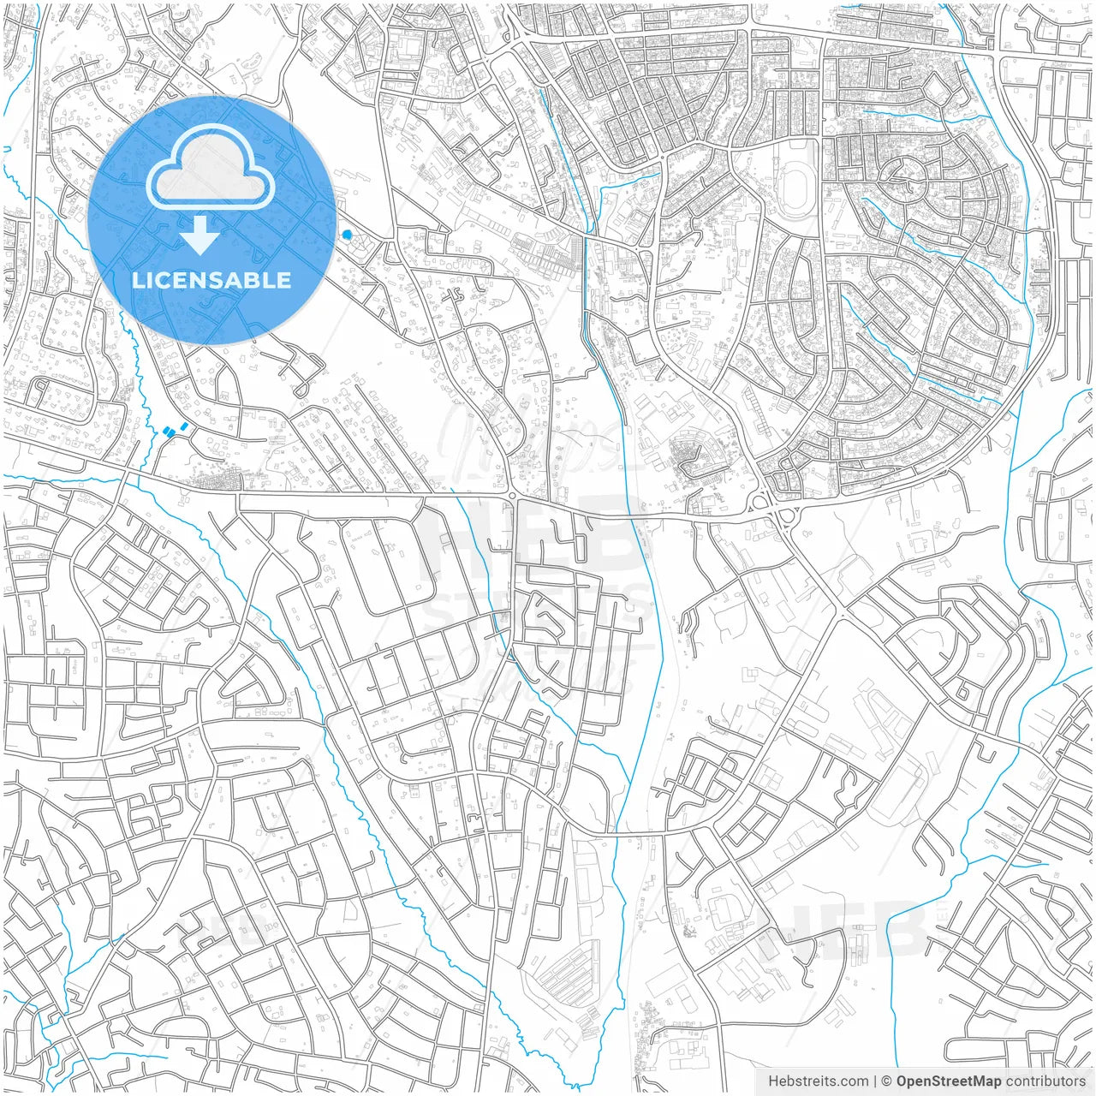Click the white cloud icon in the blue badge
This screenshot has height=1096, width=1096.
tap(211, 166)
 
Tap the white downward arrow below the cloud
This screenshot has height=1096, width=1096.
tap(200, 235)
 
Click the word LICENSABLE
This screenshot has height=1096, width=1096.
tap(211, 280)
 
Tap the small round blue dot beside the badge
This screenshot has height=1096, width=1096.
tap(347, 234)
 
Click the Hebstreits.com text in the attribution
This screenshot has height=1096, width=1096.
tap(818, 1081)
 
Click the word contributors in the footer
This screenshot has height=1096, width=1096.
tap(1045, 1081)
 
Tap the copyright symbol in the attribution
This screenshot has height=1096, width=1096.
tap(887, 1081)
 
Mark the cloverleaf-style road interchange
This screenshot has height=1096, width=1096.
tap(779, 510)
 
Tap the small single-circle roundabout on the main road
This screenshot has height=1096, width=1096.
tap(512, 496)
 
